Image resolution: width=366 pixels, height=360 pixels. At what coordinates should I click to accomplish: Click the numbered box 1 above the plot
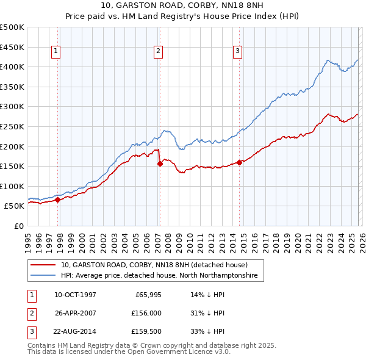coord(56,52)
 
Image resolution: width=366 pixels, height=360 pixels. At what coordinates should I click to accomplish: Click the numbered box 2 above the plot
coord(158,52)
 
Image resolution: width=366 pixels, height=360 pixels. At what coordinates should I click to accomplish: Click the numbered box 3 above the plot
coord(237,52)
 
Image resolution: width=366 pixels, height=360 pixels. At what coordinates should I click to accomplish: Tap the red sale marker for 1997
coord(58,200)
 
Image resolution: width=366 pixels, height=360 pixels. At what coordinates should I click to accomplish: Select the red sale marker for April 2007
coord(160,164)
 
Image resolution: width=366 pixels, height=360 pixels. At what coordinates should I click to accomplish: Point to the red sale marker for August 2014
coord(239,162)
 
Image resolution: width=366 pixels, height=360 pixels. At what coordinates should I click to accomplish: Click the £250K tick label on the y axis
coord(12,126)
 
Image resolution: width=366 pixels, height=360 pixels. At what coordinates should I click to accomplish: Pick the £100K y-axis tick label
coord(12,186)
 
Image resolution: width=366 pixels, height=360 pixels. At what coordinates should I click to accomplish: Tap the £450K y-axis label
coord(12,47)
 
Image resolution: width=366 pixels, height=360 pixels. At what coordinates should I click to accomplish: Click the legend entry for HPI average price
coord(159,276)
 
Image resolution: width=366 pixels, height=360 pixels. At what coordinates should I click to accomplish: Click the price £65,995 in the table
coord(147,294)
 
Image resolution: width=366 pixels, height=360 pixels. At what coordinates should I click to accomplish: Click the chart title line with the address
coord(182,7)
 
